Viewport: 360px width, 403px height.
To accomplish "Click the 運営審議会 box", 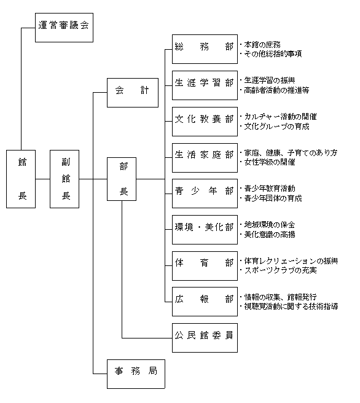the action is [64, 28].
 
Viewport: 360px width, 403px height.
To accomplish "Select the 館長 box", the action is [21, 179].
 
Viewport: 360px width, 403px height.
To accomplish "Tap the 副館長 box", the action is [65, 179].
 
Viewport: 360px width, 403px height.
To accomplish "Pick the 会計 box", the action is [133, 93].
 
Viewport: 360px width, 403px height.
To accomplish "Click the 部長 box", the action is [122, 179].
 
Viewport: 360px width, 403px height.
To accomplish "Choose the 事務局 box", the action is [136, 374].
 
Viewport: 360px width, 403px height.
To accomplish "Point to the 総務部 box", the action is [205, 49].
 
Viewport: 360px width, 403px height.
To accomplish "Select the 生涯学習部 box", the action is [205, 85].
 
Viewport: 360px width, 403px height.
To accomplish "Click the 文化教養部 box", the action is [205, 122].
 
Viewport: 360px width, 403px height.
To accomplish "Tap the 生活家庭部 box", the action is [205, 158].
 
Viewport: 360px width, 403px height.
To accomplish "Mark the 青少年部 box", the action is [205, 194].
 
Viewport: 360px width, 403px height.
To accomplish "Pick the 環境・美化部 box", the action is [205, 230].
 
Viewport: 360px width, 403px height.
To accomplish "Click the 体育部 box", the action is [205, 266].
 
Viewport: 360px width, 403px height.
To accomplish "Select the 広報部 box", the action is [205, 302].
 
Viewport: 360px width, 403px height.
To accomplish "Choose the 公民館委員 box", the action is [205, 338].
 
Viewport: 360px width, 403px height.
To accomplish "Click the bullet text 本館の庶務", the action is [262, 45].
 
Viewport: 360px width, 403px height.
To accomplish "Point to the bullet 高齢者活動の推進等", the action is [276, 90].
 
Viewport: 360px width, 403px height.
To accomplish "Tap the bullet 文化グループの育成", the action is [276, 127].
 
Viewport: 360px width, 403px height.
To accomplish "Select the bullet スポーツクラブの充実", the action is [280, 270].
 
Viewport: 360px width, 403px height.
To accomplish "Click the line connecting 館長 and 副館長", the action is [42, 179].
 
